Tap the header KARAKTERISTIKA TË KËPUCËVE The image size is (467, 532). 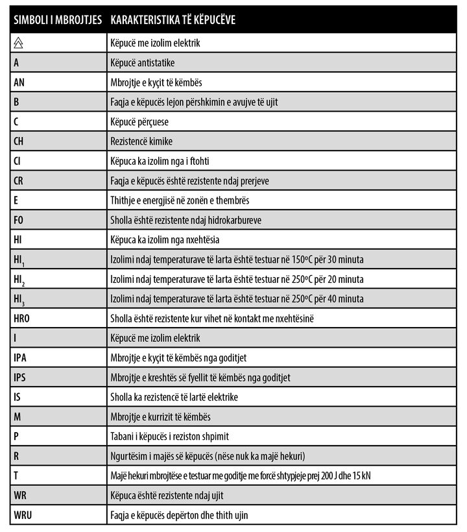point(173,20)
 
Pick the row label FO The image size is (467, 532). point(19,220)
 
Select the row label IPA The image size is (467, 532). point(20,357)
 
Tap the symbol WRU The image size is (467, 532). point(23,515)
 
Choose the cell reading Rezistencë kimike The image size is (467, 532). point(142,141)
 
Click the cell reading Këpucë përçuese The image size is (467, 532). point(139,122)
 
